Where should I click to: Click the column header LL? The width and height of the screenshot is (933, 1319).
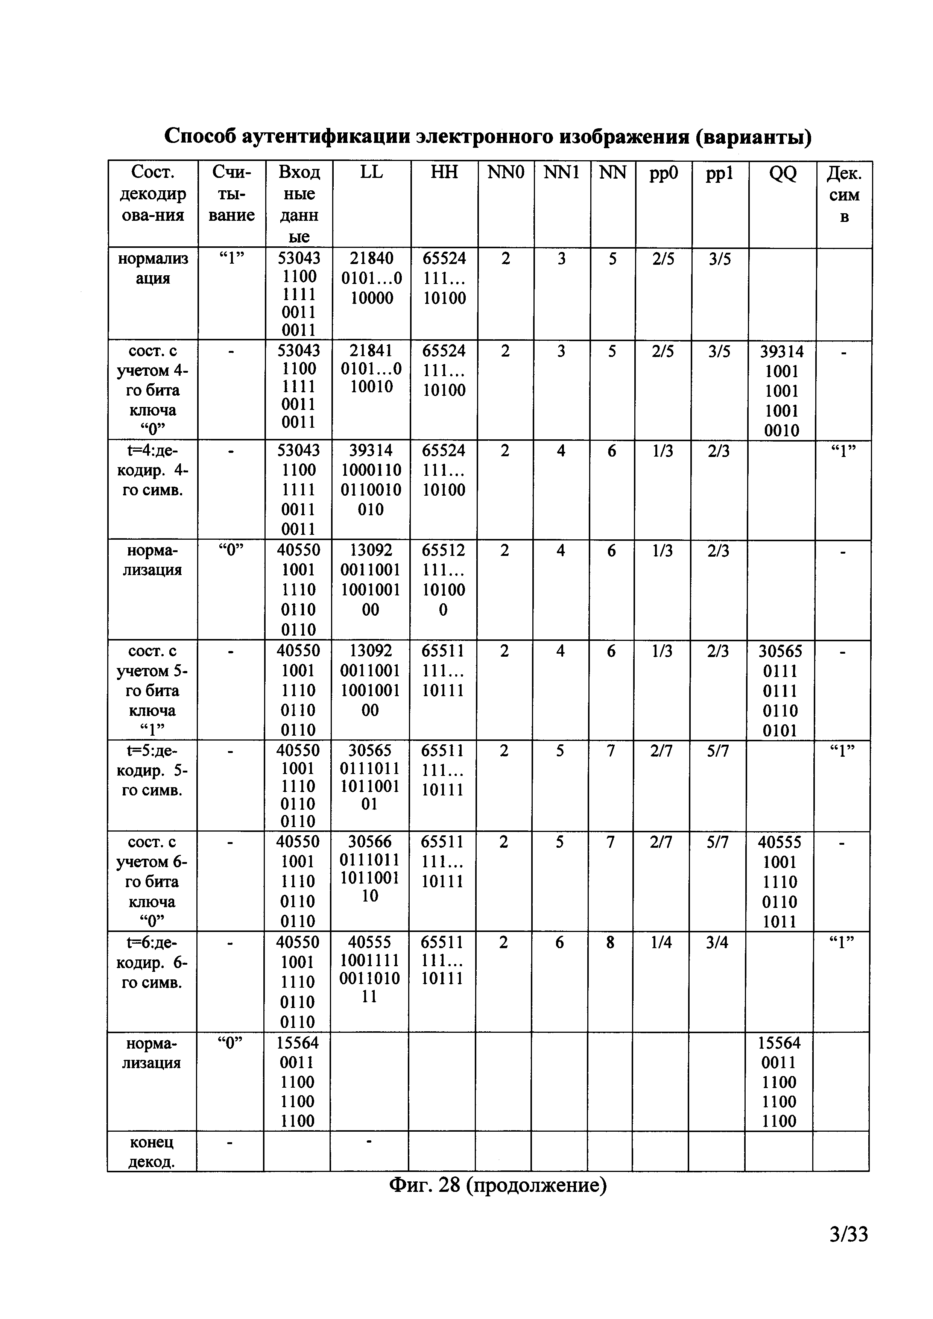371,172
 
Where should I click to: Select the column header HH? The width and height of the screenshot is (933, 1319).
444,172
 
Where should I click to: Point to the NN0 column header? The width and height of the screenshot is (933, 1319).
506,172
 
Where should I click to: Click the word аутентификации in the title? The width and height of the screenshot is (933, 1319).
325,137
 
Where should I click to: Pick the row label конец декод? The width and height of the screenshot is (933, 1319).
152,1152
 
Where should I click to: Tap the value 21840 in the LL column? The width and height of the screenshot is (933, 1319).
371,258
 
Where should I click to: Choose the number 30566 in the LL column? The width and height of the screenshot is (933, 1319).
370,842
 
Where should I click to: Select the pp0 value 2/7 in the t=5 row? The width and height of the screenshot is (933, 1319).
661,750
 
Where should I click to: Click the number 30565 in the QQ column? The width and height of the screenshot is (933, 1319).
780,651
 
